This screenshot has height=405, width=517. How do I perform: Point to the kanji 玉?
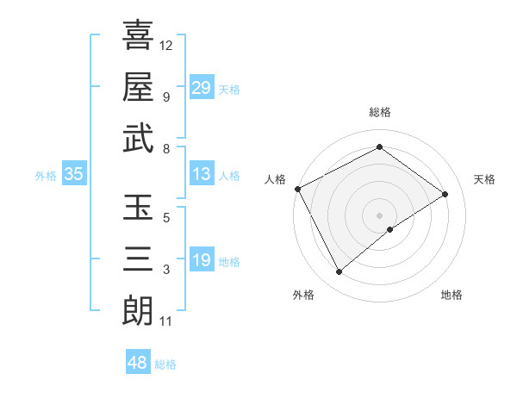138,208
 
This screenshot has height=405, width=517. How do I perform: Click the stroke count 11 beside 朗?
165,322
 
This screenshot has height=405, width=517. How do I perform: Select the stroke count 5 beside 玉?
166,218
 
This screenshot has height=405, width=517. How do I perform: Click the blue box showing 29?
201,88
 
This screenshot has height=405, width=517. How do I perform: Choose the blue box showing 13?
201,175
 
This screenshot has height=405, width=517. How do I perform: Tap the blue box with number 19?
201,261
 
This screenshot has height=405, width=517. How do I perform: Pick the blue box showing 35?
74,175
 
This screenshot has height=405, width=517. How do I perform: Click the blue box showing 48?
137,363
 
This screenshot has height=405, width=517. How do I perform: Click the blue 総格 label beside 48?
165,364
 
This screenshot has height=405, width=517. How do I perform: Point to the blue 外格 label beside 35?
46,176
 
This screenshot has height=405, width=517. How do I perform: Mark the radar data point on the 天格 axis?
445,194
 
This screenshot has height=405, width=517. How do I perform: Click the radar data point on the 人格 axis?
297,189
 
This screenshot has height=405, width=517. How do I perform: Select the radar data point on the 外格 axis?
339,272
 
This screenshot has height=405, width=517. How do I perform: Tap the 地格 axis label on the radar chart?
452,295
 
